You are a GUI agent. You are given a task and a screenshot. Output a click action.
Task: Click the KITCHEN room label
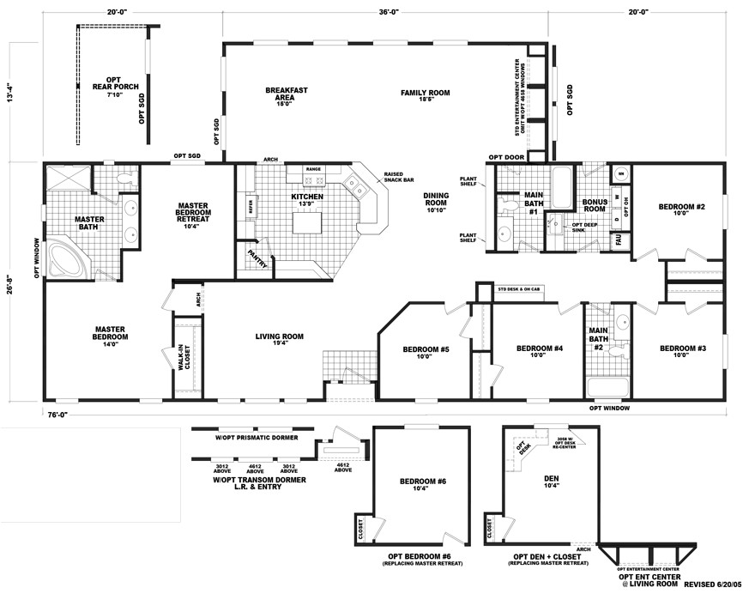coord(307,197)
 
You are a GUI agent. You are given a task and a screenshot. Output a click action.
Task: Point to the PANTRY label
coord(257,258)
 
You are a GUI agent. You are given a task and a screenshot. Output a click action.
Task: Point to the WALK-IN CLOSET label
coord(184,357)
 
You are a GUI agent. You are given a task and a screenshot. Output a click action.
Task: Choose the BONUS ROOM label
coord(595,205)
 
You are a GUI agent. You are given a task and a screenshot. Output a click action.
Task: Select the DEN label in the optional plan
coord(551,481)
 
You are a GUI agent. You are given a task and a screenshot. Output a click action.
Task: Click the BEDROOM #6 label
coord(422,482)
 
